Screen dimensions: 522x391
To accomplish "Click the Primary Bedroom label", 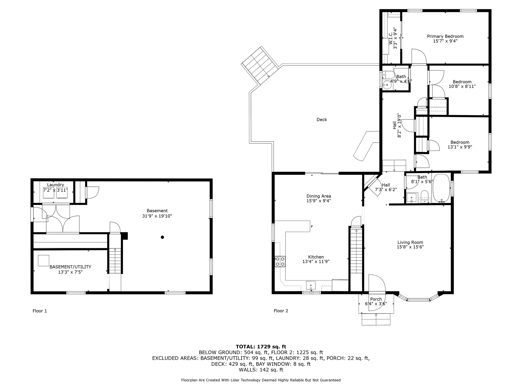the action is [x=445, y=36].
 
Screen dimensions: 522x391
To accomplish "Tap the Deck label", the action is [x=322, y=119].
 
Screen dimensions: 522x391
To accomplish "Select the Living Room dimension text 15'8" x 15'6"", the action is [x=410, y=247].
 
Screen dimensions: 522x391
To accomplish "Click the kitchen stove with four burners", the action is [x=280, y=261].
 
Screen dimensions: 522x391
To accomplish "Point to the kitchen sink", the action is [x=310, y=286].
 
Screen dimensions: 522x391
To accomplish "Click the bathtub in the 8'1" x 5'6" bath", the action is [x=441, y=188].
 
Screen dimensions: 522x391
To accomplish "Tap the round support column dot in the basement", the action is [x=162, y=237].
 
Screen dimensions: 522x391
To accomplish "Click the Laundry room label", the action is [x=55, y=185].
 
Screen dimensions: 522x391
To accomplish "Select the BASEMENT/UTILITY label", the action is [x=70, y=267].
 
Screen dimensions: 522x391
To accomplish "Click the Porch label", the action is [x=376, y=299].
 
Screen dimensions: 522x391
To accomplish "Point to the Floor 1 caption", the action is [x=40, y=311].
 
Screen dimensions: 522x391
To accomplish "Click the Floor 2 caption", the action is [x=281, y=311].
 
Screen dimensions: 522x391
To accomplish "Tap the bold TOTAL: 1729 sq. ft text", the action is [x=261, y=346].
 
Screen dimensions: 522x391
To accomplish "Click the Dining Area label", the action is [x=319, y=196].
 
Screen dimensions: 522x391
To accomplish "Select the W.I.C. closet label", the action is [x=391, y=38].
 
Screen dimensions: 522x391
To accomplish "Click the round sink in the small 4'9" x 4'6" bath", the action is [x=386, y=85].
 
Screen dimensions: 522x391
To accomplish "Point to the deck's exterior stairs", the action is [x=260, y=65].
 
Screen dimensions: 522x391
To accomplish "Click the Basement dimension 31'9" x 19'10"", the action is [x=157, y=216].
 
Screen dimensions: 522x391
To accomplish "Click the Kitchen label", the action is [x=316, y=257].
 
